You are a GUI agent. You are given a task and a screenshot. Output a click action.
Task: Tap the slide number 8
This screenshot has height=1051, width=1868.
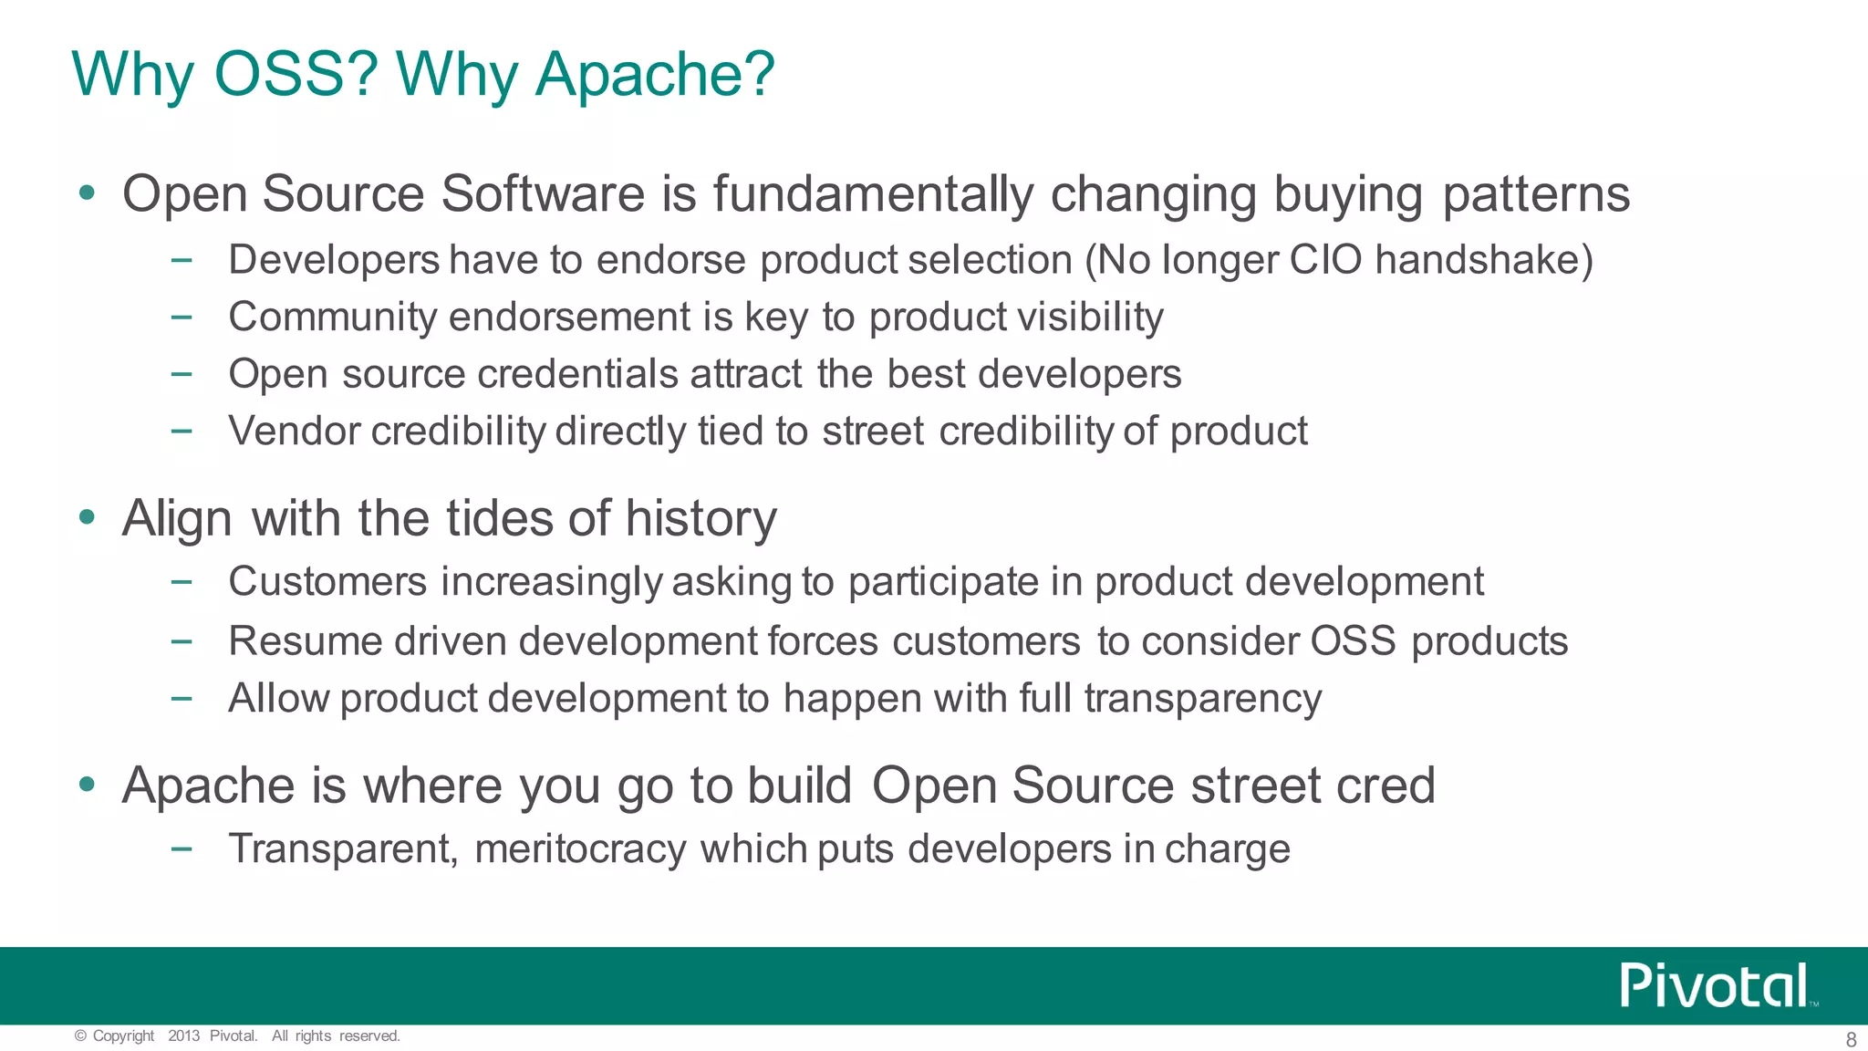tap(1851, 1039)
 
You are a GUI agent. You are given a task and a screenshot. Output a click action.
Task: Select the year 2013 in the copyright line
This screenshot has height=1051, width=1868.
tap(183, 1035)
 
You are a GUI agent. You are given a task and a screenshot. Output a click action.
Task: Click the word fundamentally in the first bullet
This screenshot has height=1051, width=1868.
tap(873, 194)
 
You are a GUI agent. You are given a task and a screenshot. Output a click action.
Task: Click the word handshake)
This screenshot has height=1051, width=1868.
tap(1484, 260)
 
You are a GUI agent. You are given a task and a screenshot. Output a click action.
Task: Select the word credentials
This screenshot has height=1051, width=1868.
tap(577, 374)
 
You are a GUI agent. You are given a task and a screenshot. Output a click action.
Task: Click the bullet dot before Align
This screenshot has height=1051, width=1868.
tap(88, 517)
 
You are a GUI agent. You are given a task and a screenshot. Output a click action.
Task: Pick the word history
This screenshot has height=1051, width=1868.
tap(700, 519)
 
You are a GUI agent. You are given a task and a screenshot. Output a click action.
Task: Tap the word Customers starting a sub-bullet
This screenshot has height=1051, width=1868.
tap(327, 582)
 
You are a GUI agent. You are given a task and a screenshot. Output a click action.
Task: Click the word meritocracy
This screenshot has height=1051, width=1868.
tap(580, 849)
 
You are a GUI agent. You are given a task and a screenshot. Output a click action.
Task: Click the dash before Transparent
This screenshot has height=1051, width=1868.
tap(182, 848)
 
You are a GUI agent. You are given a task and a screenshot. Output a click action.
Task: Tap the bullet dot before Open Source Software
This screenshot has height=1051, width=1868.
tap(88, 193)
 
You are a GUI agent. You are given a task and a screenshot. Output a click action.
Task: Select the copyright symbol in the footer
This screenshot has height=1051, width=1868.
tap(80, 1035)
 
